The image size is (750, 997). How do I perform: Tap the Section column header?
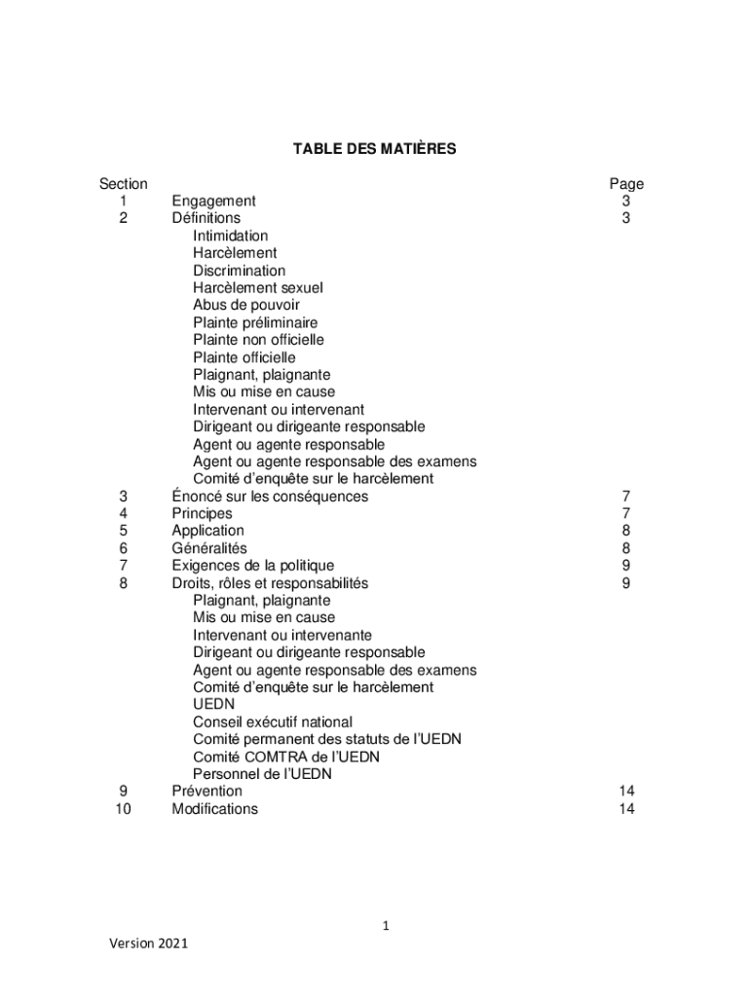tap(124, 184)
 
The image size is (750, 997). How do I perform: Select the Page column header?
tap(626, 184)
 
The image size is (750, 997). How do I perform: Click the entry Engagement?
tap(213, 202)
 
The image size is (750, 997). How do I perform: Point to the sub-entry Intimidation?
tap(230, 236)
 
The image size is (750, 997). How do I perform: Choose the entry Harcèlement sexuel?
tap(257, 288)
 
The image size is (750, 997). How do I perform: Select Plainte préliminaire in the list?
tap(255, 322)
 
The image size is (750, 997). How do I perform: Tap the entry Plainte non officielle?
tap(258, 340)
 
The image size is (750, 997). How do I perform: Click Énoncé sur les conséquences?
tap(270, 497)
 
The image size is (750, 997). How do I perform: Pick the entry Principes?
tap(202, 513)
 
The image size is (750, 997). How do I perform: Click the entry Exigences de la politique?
tap(252, 566)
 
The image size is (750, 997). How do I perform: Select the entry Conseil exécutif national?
tap(272, 722)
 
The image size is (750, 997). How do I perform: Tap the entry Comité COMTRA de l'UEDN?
tap(285, 757)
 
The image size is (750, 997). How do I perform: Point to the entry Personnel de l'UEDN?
tap(262, 774)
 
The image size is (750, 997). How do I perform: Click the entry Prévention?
tap(206, 792)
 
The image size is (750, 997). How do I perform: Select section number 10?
tap(124, 809)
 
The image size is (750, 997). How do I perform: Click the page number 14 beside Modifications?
tap(626, 809)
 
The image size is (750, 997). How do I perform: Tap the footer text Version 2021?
tap(148, 943)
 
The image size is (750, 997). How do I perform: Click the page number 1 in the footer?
tap(386, 926)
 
